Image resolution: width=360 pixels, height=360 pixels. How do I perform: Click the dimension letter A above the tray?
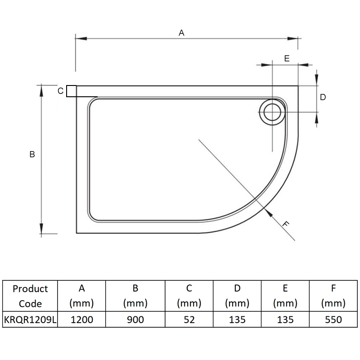point(182,33)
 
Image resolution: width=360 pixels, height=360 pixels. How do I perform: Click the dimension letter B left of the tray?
point(32,154)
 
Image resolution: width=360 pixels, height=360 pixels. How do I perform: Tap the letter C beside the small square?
point(60,91)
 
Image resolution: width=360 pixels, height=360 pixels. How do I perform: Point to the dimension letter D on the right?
point(323,97)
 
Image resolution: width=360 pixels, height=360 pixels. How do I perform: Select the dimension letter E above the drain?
point(286,58)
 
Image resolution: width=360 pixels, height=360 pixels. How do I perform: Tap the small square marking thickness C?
point(71,91)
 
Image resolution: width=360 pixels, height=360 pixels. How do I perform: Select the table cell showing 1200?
point(81,319)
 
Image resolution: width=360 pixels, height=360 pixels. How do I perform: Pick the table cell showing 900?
point(135,319)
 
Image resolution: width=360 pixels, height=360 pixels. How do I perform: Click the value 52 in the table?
point(189,319)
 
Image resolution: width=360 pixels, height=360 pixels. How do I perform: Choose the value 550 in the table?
point(333,319)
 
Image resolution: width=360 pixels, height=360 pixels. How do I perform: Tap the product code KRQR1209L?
point(30,319)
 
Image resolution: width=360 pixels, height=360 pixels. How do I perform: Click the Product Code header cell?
point(30,296)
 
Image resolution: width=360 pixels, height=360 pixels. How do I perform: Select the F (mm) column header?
point(333,296)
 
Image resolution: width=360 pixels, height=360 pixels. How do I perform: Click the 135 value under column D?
point(237,319)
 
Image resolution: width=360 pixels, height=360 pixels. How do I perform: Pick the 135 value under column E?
point(285,319)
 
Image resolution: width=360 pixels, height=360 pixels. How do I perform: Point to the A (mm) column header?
point(81,296)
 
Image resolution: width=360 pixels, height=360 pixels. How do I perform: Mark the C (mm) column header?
point(189,296)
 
